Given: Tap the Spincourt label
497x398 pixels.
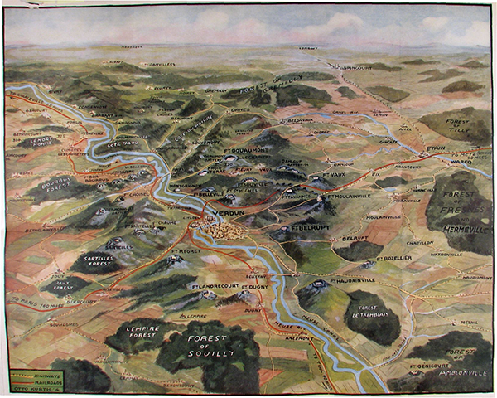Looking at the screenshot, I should click(x=359, y=66).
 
